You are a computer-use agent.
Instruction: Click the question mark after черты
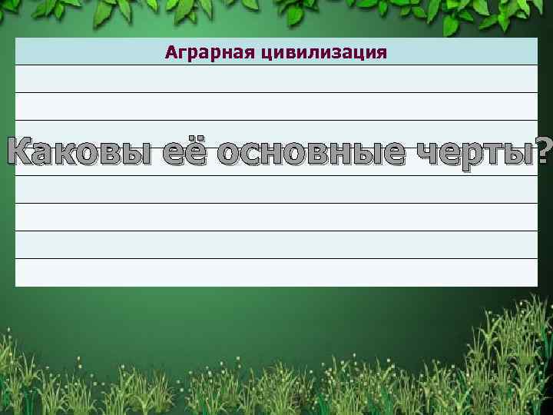coord(545,150)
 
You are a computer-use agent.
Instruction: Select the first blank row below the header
coord(276,79)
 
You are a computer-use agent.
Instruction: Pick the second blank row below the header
coord(276,107)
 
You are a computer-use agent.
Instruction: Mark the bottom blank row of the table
coord(276,273)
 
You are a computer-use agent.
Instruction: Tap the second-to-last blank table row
coord(276,245)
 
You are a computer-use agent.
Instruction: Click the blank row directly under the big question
coord(276,190)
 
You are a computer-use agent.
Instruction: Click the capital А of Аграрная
coord(171,52)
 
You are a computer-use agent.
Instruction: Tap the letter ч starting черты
coord(425,152)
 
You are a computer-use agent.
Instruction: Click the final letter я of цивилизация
coord(382,53)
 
